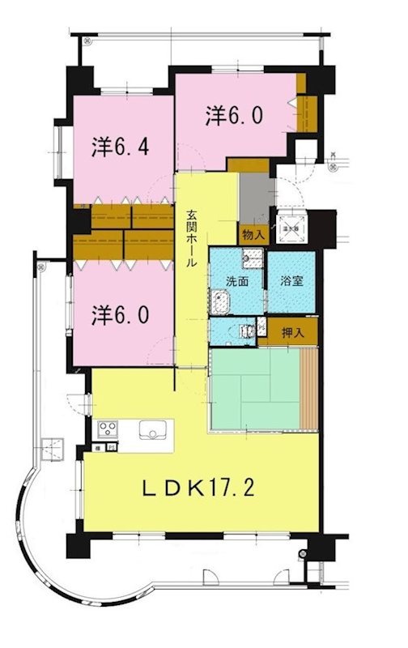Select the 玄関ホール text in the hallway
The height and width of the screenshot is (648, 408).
click(x=192, y=240)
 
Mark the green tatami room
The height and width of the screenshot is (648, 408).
click(x=254, y=388)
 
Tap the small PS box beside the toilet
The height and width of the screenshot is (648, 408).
click(x=261, y=327)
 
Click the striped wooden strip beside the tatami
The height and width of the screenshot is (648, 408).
click(x=308, y=389)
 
